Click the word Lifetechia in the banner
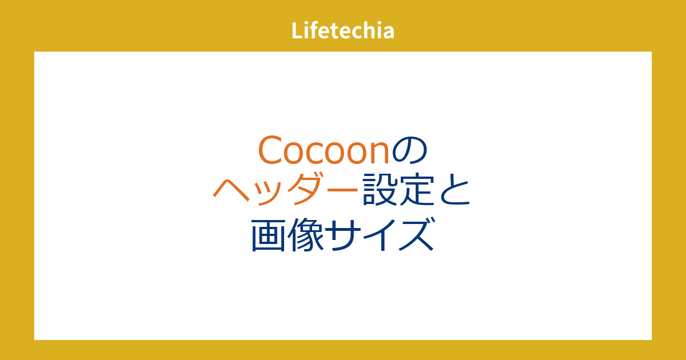342,30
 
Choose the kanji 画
268,234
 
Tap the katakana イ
378,234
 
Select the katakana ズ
416,234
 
